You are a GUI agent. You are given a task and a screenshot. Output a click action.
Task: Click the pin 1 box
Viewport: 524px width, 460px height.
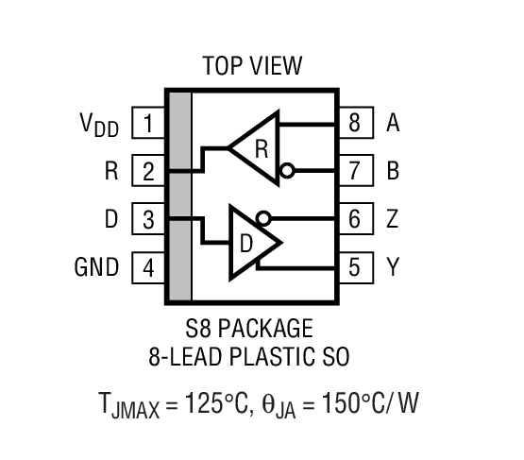[148, 124]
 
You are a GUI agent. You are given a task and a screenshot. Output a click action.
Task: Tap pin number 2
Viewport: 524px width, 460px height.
[148, 172]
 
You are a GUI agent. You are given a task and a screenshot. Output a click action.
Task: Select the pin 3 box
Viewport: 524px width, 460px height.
[148, 220]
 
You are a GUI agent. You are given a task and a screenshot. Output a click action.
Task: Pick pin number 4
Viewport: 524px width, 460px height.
[148, 268]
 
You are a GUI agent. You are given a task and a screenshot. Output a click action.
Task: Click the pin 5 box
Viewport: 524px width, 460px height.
[354, 268]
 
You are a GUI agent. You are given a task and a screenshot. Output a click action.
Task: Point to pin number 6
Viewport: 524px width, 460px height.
[354, 220]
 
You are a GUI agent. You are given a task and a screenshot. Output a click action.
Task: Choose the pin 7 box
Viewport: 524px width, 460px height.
[354, 172]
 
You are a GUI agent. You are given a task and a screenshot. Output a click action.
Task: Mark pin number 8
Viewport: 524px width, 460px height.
[354, 124]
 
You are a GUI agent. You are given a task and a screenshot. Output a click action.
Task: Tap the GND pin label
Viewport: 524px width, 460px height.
[97, 268]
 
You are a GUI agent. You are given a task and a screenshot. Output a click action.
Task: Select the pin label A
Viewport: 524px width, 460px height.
[393, 124]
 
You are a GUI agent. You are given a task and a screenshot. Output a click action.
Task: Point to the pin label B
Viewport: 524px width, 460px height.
[393, 172]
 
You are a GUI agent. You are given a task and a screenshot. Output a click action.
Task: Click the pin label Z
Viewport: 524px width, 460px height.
[393, 220]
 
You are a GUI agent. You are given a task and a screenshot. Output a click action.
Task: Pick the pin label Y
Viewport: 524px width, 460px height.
[393, 268]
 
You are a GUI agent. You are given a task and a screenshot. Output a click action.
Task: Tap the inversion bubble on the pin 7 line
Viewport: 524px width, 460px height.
[288, 172]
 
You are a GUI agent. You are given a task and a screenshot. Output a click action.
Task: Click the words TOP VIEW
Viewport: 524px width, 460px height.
[252, 66]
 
